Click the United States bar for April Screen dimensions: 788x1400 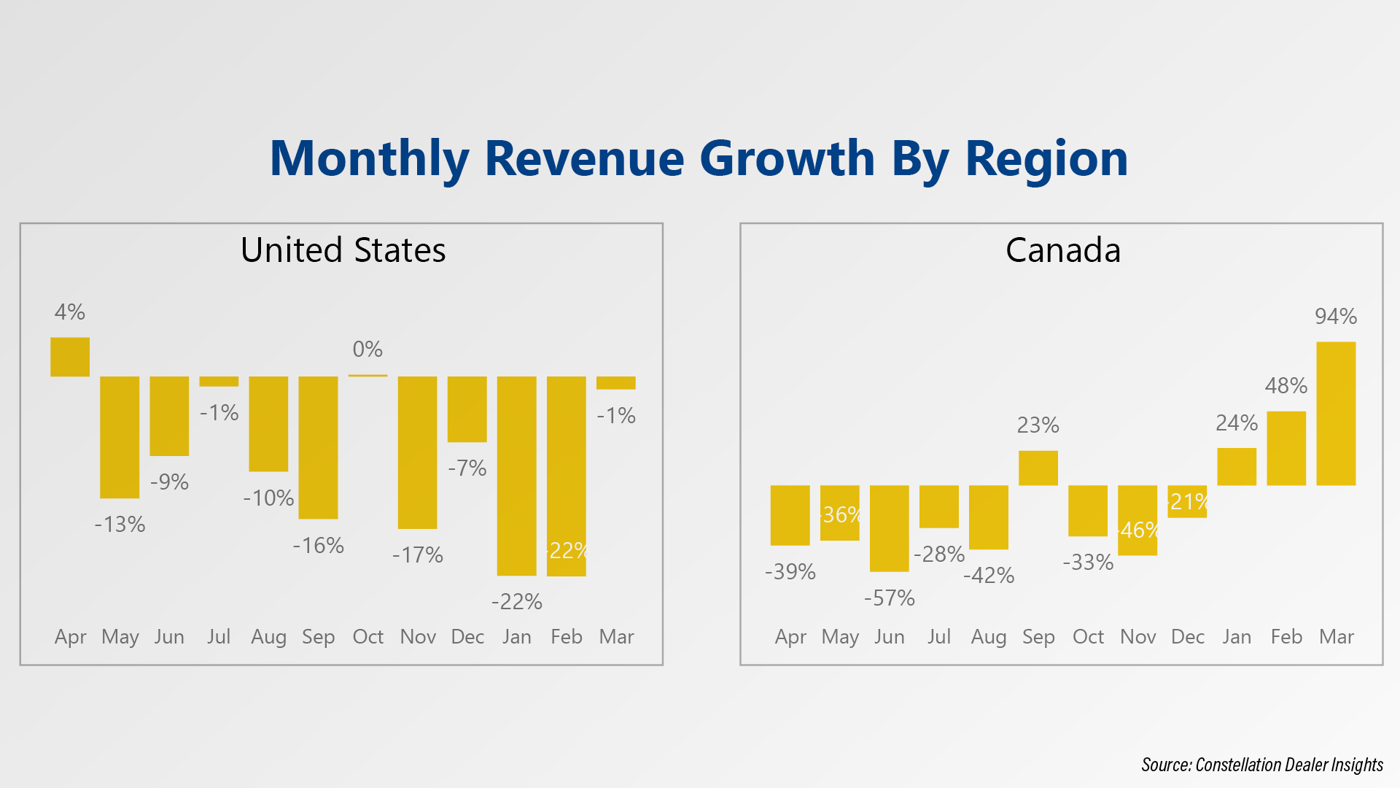tap(70, 357)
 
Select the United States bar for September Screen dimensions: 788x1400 tap(318, 447)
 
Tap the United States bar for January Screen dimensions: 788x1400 tap(516, 476)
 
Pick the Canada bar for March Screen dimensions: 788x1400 tap(1336, 413)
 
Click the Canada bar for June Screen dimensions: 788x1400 tap(889, 528)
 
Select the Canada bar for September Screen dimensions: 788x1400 tap(1038, 468)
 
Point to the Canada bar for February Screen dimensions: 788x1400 tap(1286, 448)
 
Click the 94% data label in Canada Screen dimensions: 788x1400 tap(1336, 317)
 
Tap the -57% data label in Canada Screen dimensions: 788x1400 tap(889, 598)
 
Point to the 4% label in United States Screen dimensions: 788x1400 tap(70, 312)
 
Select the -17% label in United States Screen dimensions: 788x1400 tap(417, 555)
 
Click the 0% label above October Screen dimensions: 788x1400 tap(367, 349)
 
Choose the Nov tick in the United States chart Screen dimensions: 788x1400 tap(418, 637)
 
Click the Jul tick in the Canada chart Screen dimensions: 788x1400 tap(939, 637)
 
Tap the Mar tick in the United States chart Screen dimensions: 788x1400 tap(616, 637)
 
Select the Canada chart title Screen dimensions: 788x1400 tap(1062, 250)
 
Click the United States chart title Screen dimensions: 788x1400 tap(343, 250)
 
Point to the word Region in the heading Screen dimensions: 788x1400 tap(1046, 158)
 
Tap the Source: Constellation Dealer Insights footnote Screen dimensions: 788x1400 tap(1261, 765)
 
